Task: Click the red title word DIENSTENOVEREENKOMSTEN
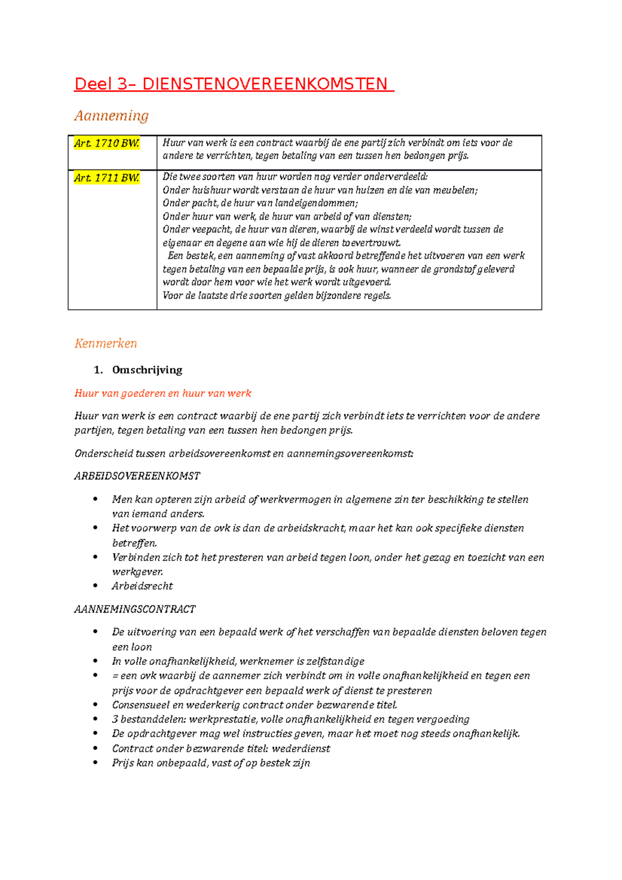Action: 264,84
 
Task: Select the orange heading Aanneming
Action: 111,115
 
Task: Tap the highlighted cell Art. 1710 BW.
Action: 107,144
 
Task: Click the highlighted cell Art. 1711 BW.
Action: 107,178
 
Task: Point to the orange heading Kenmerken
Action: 106,343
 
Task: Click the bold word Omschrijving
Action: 147,370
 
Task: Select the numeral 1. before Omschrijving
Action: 98,370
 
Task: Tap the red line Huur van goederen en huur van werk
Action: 163,393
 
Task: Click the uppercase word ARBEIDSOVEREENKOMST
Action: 137,476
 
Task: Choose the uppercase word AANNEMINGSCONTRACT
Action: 135,609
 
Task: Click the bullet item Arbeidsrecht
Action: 143,586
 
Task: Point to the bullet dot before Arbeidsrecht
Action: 95,586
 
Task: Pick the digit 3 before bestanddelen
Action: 115,719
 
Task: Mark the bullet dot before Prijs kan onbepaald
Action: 95,762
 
